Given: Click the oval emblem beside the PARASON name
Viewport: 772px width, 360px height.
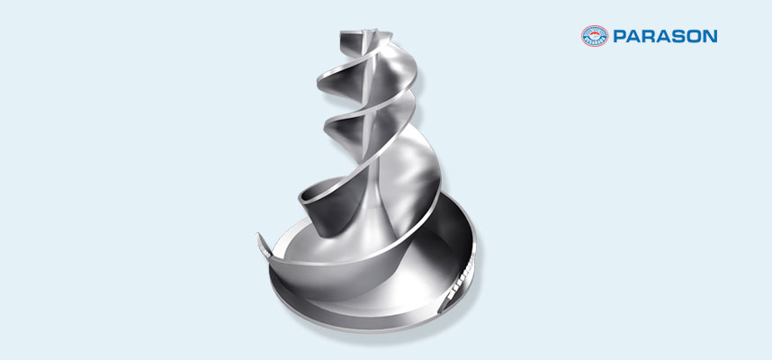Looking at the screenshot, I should coord(595,36).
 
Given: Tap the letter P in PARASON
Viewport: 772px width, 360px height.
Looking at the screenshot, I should coord(620,36).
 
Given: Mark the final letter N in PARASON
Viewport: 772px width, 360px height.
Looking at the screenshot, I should coord(709,36).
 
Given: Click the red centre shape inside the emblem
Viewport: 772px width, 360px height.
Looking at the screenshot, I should coord(595,37).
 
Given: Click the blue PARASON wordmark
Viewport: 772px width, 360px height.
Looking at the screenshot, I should coord(665,36).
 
